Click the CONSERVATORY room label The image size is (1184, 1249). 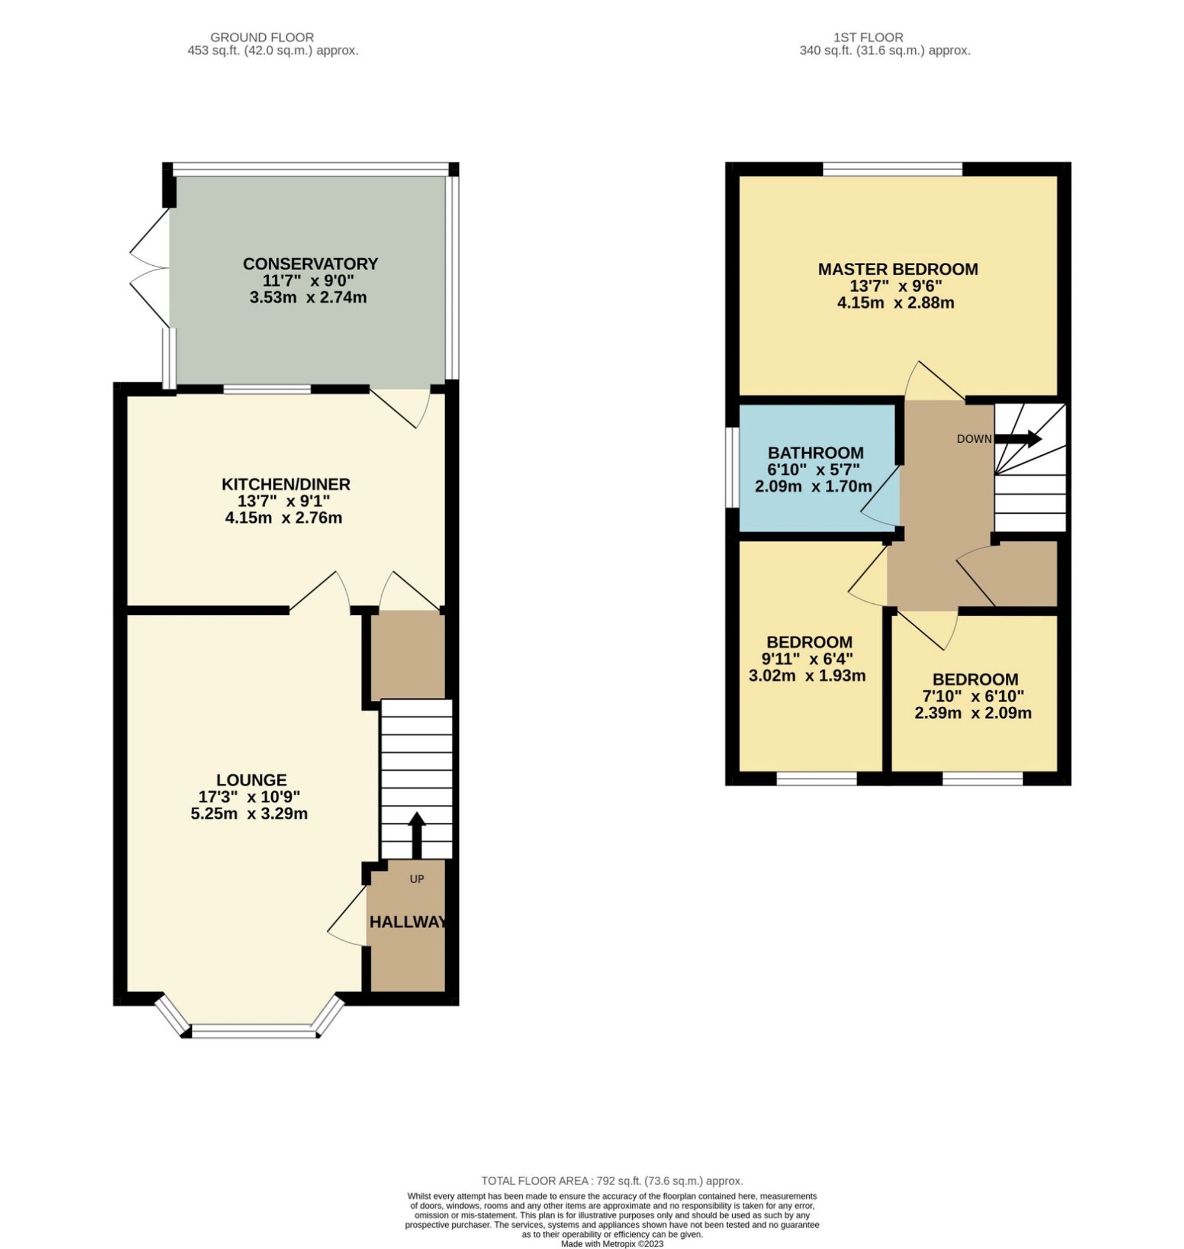(311, 264)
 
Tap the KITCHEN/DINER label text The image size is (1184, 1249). (286, 484)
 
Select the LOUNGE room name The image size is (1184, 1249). (251, 780)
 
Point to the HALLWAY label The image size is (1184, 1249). (408, 922)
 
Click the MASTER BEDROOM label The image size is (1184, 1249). (897, 269)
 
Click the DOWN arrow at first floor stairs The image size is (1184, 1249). (1018, 439)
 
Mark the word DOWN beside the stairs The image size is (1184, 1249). (974, 439)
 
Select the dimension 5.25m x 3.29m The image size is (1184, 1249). (249, 814)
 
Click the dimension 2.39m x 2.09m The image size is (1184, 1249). (973, 714)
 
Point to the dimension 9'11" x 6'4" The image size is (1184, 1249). (807, 659)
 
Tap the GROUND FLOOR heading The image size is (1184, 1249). (262, 37)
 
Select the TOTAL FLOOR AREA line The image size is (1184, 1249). (612, 1181)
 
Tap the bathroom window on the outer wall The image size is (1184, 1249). (732, 468)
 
